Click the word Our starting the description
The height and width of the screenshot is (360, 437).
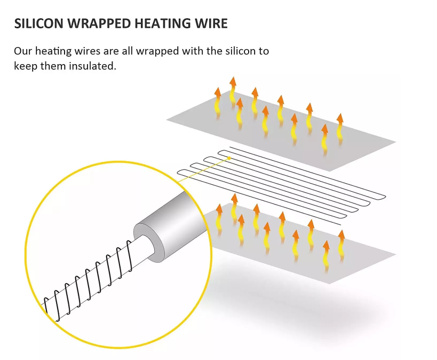(x=23, y=51)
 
